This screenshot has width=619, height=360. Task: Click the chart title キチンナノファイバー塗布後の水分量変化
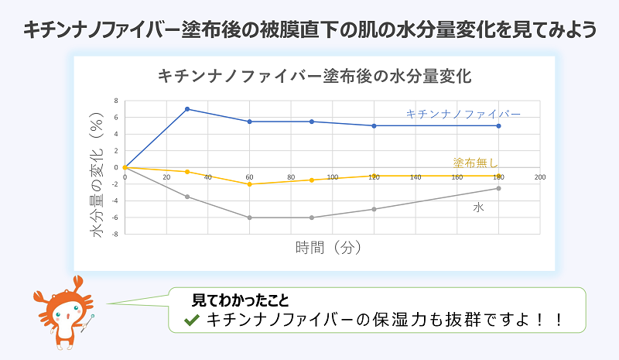314,77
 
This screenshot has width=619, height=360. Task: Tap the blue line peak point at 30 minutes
187,109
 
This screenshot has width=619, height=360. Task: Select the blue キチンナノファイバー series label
463,114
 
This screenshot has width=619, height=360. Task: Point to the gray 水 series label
479,208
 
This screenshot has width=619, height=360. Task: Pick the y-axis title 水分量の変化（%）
99,166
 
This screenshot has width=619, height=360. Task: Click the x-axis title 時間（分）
330,249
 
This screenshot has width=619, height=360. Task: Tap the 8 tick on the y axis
115,101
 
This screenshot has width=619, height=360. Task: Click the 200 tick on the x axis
540,177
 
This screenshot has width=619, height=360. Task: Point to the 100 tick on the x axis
333,177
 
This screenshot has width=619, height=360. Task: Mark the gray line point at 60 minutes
249,218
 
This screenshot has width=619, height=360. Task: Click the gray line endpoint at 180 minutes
499,188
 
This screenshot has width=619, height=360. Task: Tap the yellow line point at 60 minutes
249,184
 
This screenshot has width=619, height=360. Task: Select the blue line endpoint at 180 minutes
499,125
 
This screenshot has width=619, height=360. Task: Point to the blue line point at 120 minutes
374,125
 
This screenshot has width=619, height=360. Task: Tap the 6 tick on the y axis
115,118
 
